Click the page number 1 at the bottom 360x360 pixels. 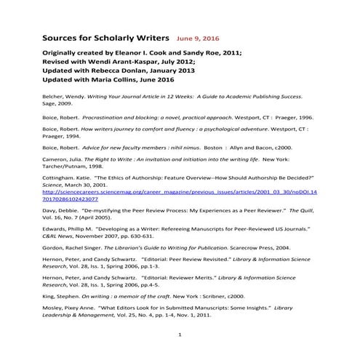click(x=179, y=353)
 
